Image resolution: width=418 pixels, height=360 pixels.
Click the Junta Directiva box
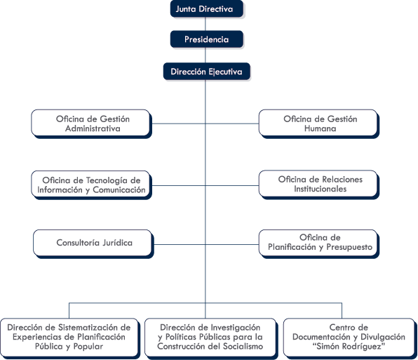tap(207, 9)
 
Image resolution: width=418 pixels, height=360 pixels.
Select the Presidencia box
tap(207, 39)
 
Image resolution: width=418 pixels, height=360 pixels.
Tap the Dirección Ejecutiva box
tap(207, 72)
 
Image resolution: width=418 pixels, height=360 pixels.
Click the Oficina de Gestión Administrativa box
tap(91, 124)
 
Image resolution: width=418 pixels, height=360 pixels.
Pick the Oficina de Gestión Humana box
tap(319, 124)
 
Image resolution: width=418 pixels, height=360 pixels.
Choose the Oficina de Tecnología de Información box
tap(91, 185)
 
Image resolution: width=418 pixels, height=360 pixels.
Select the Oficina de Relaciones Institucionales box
tap(319, 185)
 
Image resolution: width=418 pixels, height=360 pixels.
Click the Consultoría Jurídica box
tap(93, 244)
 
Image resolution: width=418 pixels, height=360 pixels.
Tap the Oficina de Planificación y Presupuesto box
tap(319, 244)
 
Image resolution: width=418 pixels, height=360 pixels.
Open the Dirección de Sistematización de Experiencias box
tap(70, 338)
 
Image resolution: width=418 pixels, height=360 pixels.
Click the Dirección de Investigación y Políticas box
tap(211, 338)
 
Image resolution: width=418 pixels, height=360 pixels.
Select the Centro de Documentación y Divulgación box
tap(350, 338)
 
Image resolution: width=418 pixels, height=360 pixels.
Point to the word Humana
tap(321, 128)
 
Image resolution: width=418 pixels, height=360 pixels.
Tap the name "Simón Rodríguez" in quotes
tap(349, 347)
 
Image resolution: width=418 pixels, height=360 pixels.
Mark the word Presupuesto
tap(349, 247)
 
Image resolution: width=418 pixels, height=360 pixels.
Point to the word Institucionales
tap(321, 189)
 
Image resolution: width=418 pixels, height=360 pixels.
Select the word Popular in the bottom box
tap(88, 347)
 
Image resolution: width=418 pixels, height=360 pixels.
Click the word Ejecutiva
tap(225, 72)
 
